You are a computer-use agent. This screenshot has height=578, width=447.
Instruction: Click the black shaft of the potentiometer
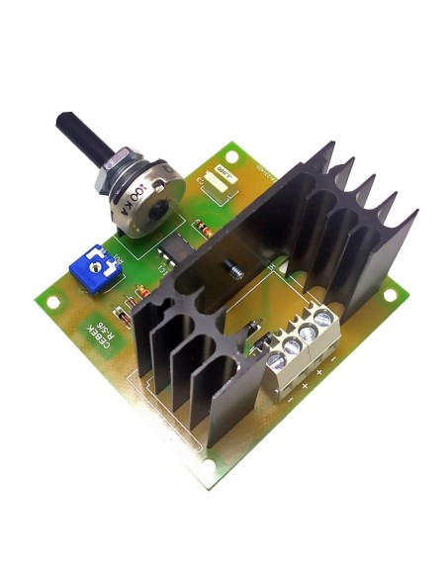[x=70, y=134]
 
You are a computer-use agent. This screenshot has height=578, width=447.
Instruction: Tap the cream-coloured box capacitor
[x=219, y=179]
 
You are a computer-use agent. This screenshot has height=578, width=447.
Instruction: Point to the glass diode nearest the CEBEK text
[x=123, y=318]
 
